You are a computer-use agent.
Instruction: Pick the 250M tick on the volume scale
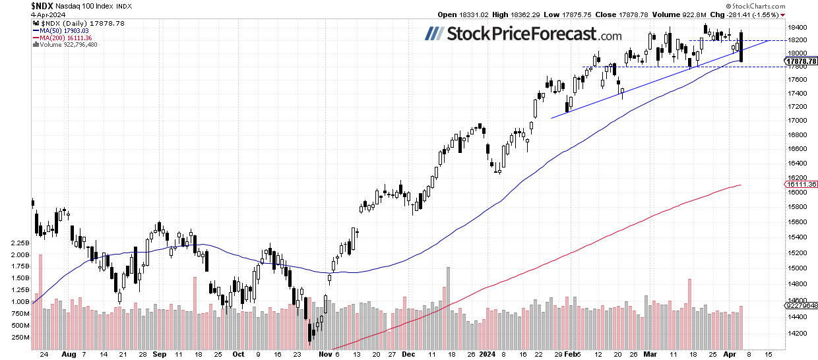pos(20,337)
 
